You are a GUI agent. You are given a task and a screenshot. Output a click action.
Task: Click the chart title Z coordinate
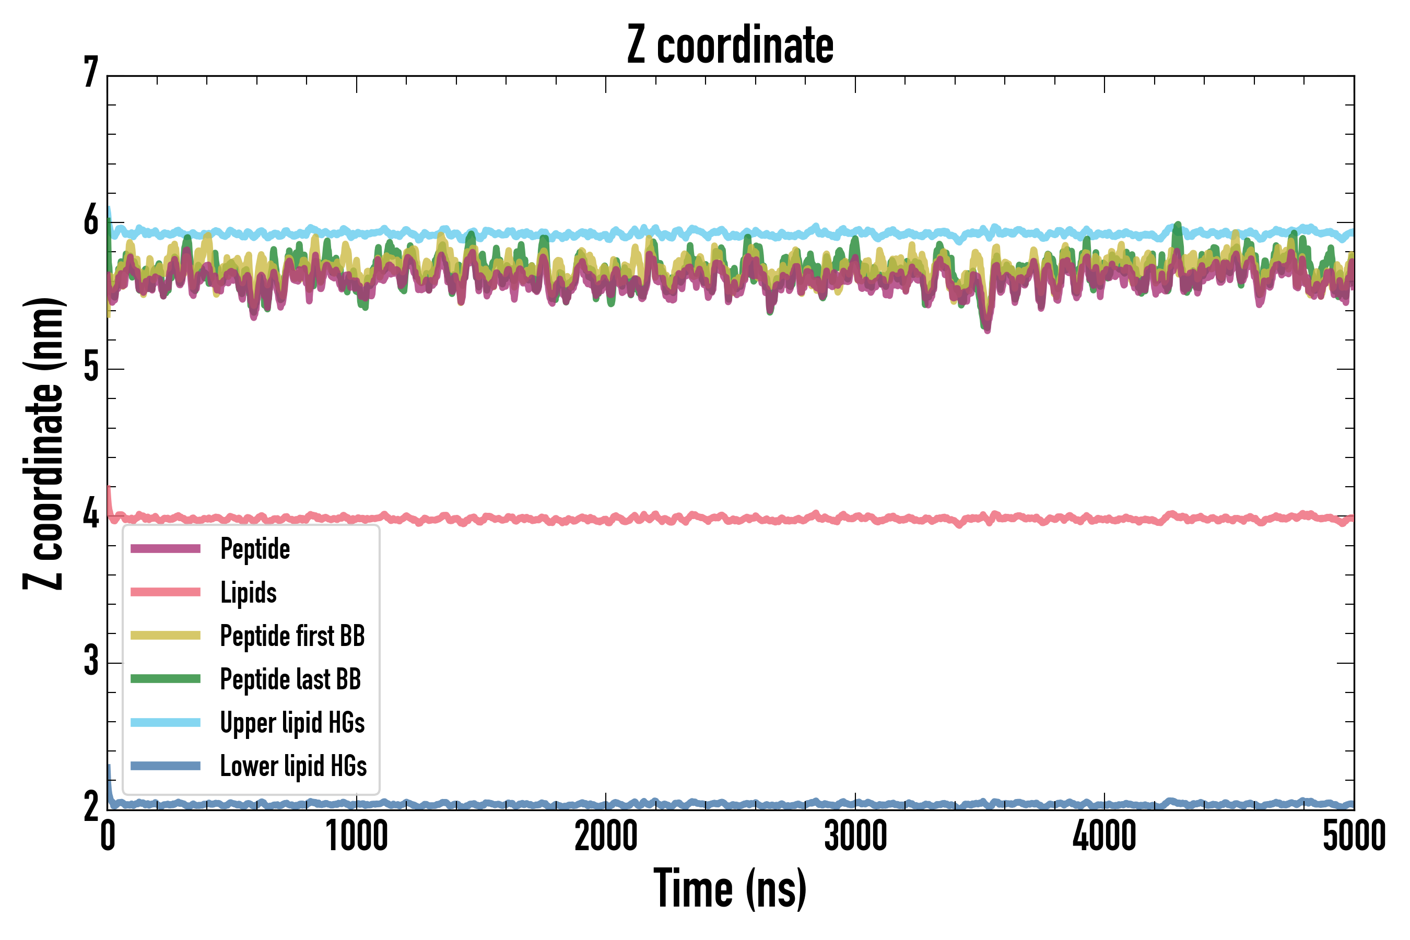(x=730, y=45)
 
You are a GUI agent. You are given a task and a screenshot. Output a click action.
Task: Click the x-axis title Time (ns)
(x=730, y=888)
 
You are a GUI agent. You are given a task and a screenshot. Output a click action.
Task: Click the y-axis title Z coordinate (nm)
(x=43, y=443)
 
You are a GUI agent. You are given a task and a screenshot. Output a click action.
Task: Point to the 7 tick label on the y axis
(x=91, y=73)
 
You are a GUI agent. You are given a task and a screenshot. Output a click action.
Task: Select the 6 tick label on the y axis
(x=91, y=221)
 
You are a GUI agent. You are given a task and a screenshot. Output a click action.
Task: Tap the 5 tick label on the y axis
(x=91, y=368)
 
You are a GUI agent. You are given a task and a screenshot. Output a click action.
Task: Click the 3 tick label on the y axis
(x=91, y=662)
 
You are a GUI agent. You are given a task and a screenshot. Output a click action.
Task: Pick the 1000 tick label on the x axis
(x=357, y=837)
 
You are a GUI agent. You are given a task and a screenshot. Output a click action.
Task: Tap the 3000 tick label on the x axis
(x=855, y=837)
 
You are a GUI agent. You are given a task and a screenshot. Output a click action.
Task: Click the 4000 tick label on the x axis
(x=1104, y=837)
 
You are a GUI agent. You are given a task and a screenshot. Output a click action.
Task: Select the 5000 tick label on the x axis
(x=1354, y=837)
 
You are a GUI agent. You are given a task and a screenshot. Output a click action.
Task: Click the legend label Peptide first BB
(x=292, y=636)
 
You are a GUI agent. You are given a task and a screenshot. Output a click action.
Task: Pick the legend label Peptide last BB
(x=291, y=679)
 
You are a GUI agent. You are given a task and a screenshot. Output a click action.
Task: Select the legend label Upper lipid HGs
(x=292, y=722)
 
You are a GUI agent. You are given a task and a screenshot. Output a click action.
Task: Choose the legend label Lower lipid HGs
(x=293, y=766)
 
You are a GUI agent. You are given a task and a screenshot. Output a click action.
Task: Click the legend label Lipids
(x=249, y=593)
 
